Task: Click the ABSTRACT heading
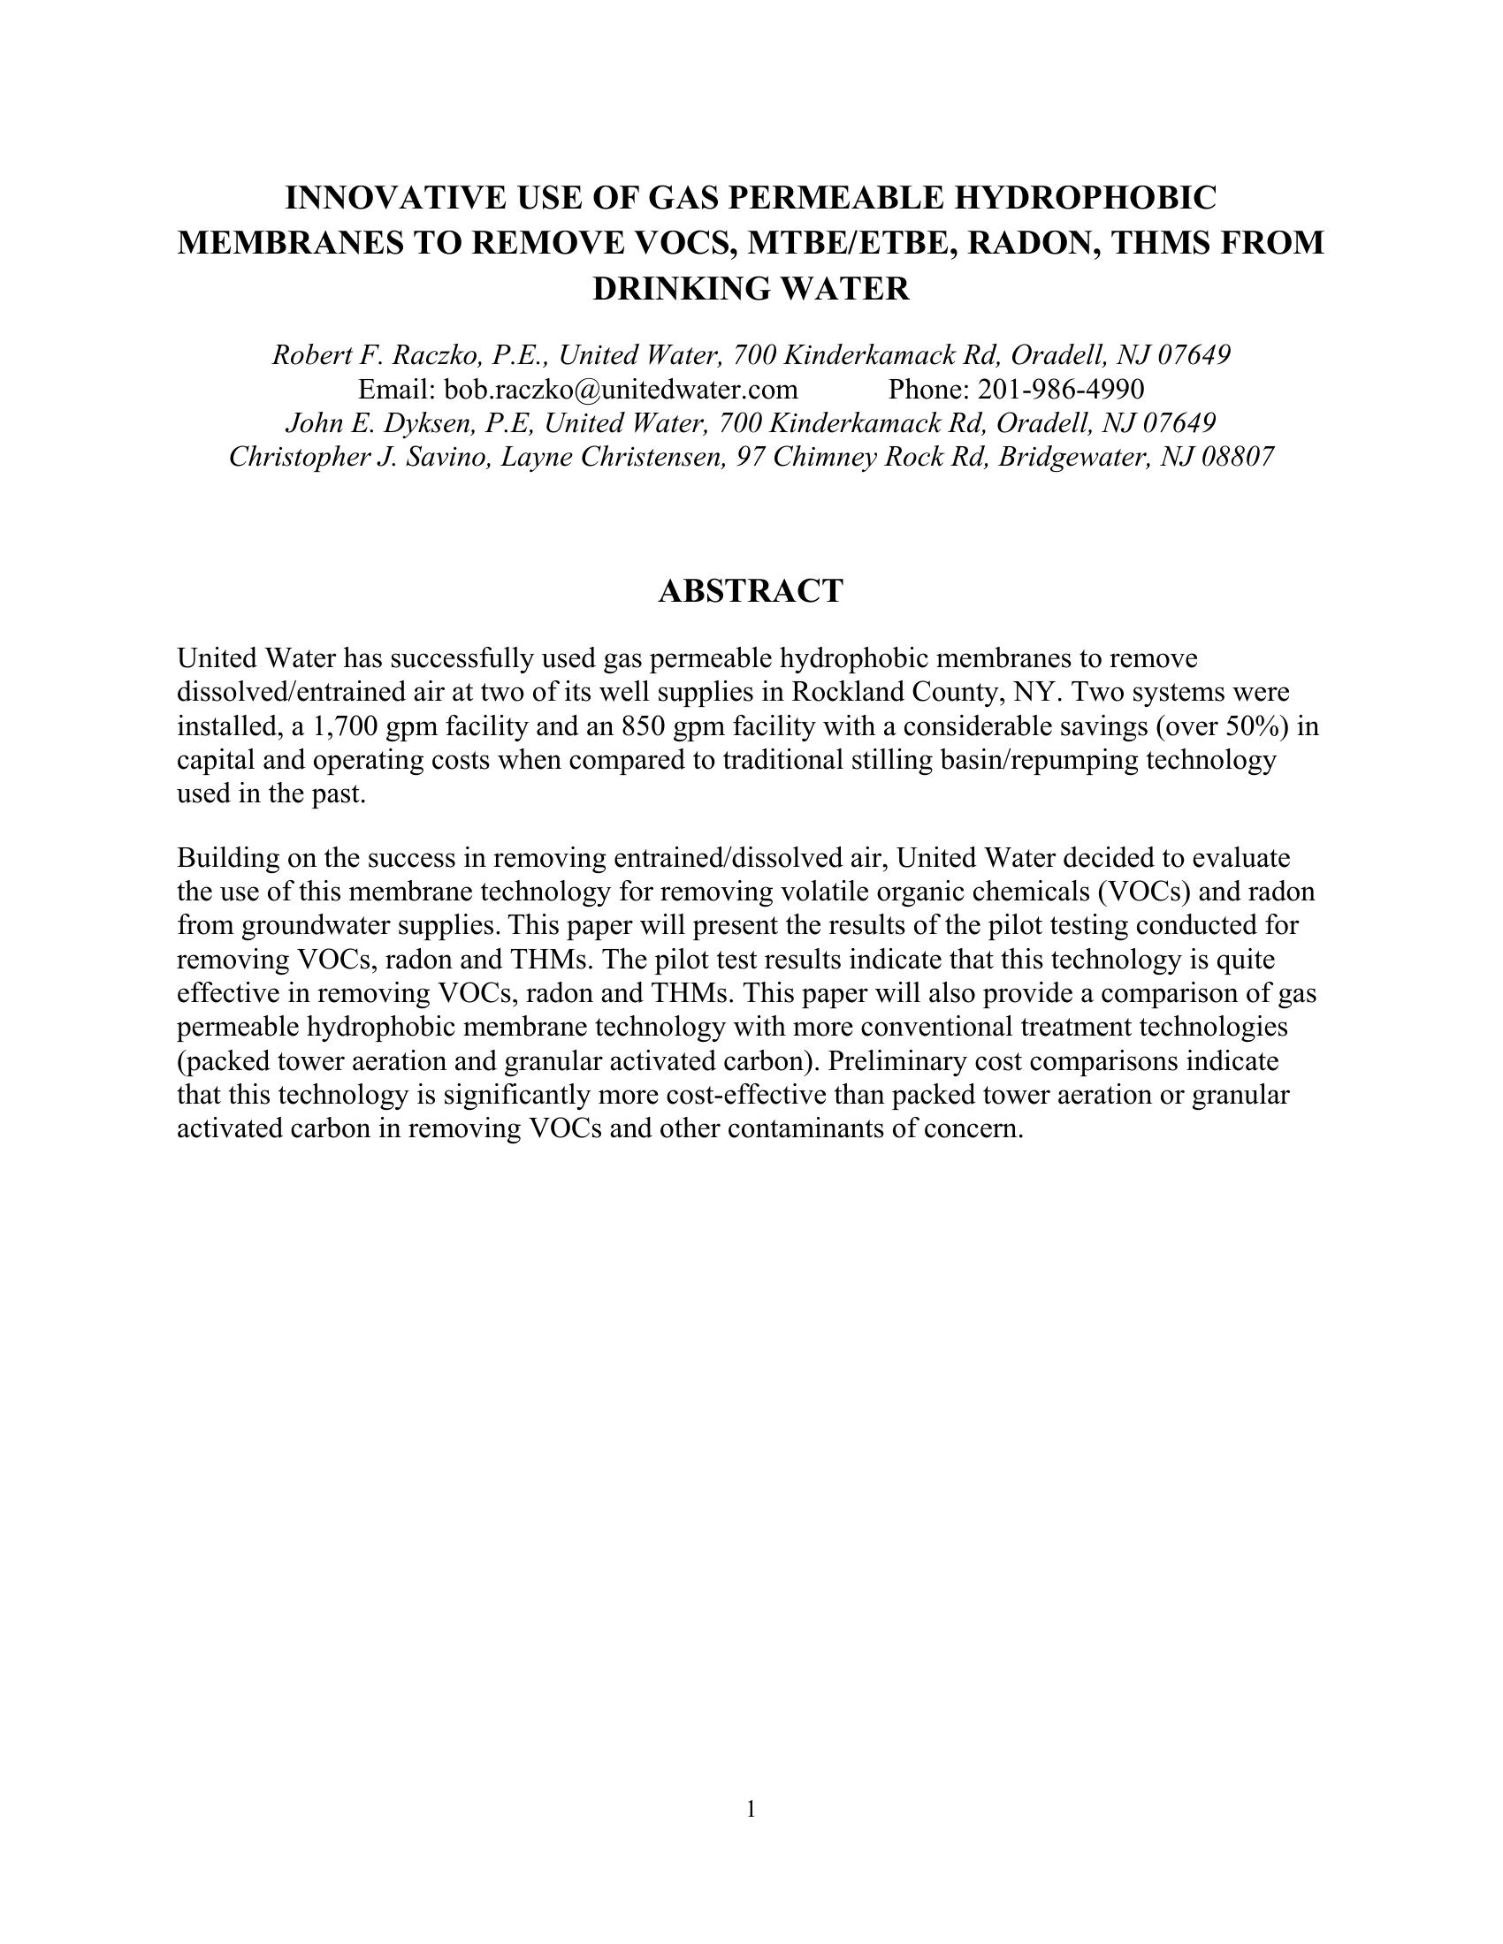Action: (x=751, y=591)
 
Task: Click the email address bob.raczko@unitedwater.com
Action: (x=621, y=389)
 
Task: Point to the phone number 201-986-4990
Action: (x=1061, y=389)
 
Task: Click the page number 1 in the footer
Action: (x=751, y=1809)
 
